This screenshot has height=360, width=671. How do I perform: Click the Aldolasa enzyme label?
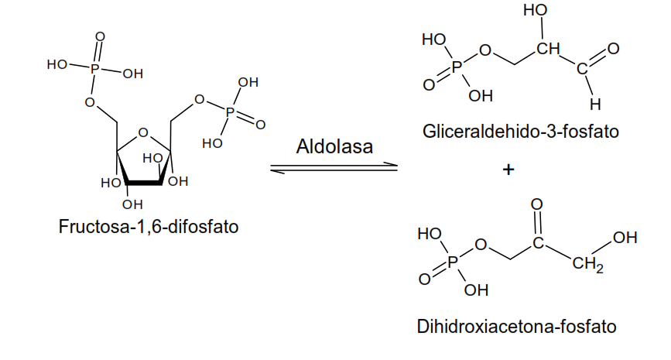(x=334, y=146)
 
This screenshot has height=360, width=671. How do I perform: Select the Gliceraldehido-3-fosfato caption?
(x=521, y=131)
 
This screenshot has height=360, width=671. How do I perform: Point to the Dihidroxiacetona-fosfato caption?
(x=517, y=327)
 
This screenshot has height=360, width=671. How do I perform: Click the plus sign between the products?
(x=508, y=170)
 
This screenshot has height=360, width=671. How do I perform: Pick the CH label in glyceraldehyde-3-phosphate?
(x=547, y=51)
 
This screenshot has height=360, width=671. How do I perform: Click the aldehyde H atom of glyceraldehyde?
(x=594, y=103)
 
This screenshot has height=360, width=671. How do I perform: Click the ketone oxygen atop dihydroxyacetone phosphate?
(x=539, y=204)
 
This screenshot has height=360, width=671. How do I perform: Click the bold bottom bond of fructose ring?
(x=144, y=183)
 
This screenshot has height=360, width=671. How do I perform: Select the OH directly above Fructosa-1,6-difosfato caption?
(x=132, y=204)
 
